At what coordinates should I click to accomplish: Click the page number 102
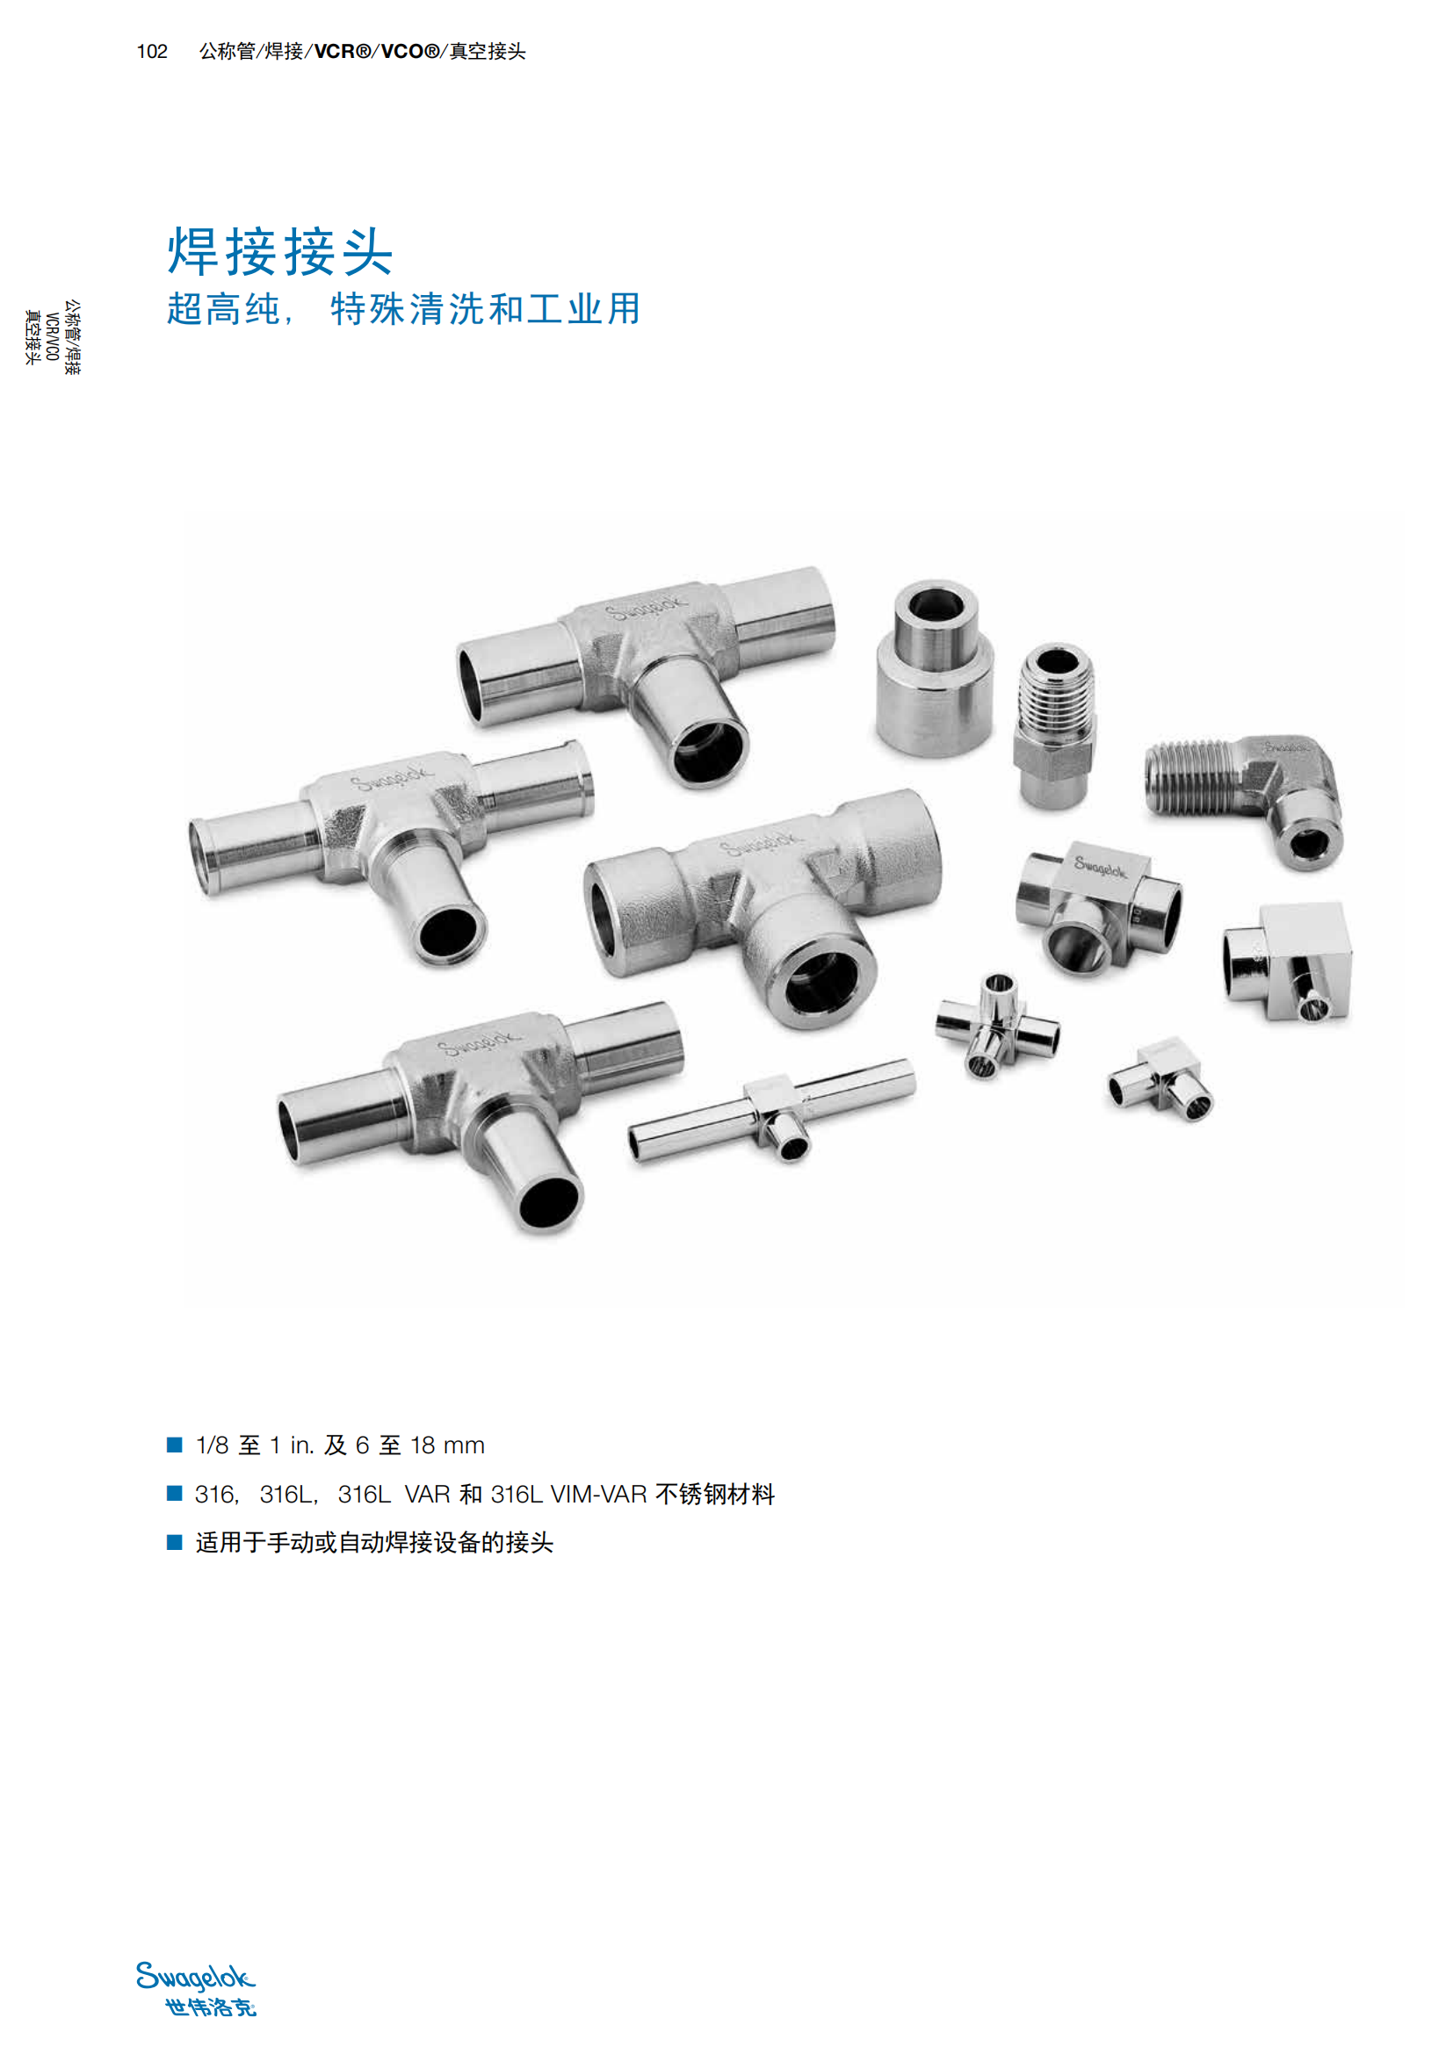(152, 52)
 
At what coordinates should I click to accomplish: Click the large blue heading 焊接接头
(280, 251)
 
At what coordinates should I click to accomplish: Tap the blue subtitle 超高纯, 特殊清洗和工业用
(403, 308)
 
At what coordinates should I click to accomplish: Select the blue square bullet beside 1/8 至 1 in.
(175, 1444)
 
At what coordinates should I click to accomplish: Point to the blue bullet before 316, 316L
(175, 1493)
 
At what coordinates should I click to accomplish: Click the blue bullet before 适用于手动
(175, 1541)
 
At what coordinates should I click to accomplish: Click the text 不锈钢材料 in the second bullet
(715, 1494)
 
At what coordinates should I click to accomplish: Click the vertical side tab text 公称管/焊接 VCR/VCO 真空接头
(52, 336)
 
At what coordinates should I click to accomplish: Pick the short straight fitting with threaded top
(1055, 726)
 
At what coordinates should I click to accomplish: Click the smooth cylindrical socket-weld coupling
(934, 669)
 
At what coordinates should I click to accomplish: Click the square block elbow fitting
(1289, 962)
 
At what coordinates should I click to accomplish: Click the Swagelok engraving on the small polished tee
(1101, 866)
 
